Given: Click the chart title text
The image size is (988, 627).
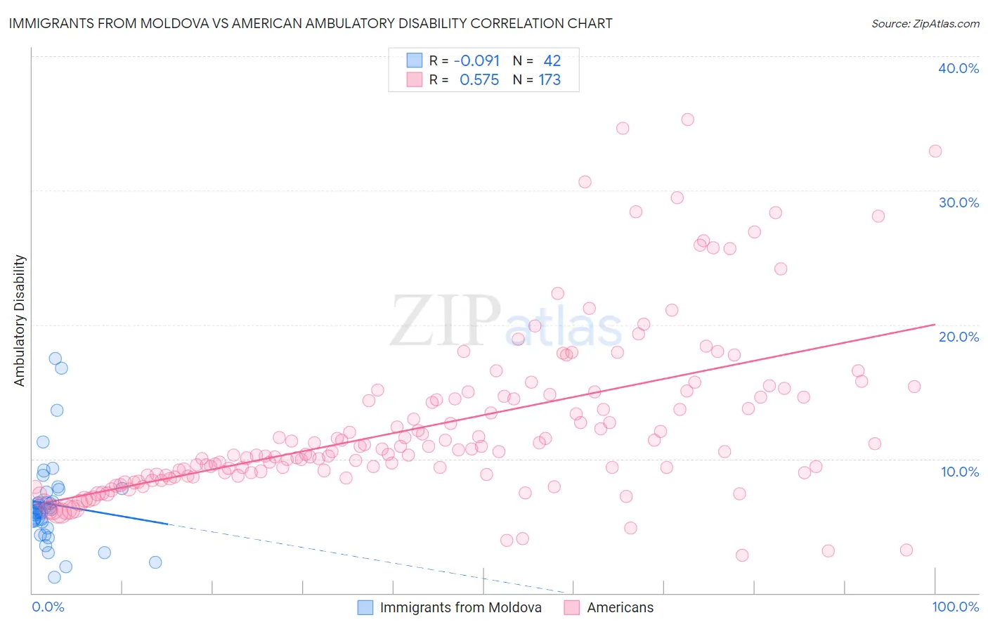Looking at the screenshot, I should pyautogui.click(x=311, y=23).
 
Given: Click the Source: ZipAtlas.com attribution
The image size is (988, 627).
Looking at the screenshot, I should pyautogui.click(x=925, y=23).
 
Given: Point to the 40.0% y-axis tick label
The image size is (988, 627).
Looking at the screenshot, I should pyautogui.click(x=958, y=68).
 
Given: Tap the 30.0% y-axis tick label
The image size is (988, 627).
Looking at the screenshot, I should pyautogui.click(x=958, y=202).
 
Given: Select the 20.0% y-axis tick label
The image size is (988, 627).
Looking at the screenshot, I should pyautogui.click(x=958, y=337).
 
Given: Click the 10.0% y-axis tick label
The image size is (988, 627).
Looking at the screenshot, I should pyautogui.click(x=959, y=472).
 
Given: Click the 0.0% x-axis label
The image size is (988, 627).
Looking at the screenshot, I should pyautogui.click(x=48, y=607).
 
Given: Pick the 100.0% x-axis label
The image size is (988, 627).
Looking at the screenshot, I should pyautogui.click(x=955, y=607).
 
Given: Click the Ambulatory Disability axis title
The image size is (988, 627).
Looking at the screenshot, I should pyautogui.click(x=20, y=321).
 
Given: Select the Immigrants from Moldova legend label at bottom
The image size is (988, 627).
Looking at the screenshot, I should pyautogui.click(x=460, y=607).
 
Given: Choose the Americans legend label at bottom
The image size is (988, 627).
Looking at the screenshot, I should pyautogui.click(x=620, y=607).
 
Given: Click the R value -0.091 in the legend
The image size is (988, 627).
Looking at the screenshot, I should pyautogui.click(x=476, y=61).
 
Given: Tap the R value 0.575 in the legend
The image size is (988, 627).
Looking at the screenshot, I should pyautogui.click(x=479, y=80).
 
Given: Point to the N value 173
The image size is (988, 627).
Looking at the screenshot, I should pyautogui.click(x=550, y=80).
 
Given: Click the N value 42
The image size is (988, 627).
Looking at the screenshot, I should pyautogui.click(x=552, y=61).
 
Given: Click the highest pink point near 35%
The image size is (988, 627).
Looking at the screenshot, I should pyautogui.click(x=687, y=119).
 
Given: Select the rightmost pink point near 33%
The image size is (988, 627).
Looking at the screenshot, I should pyautogui.click(x=935, y=151).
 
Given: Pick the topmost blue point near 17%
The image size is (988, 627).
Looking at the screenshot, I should pyautogui.click(x=55, y=358).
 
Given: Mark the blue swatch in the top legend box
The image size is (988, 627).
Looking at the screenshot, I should pyautogui.click(x=415, y=60).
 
